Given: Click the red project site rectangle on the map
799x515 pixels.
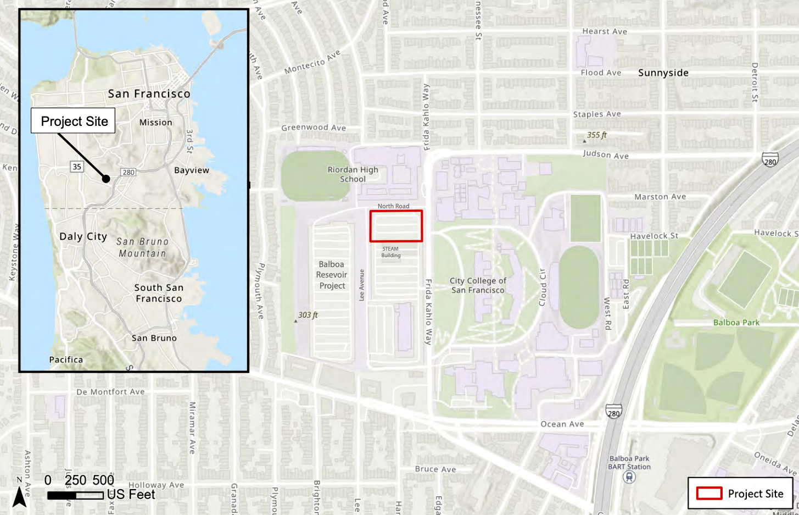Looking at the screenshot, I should point(396,226).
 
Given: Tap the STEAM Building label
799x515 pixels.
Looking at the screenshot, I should point(391,252).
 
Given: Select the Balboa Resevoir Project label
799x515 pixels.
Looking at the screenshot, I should point(332,275).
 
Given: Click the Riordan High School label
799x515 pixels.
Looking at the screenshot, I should point(353,174).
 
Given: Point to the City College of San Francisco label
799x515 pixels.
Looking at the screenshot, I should point(478,285).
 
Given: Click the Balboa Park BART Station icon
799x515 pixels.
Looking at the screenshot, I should point(629,477).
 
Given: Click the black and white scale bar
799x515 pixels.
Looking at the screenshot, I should point(75,495).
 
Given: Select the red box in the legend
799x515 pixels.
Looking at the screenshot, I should point(709,493).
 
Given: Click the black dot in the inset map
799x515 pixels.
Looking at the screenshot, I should point(106,179).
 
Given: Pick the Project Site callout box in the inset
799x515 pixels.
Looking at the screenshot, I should point(73,121).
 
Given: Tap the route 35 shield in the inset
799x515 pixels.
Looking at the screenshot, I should point(77,167).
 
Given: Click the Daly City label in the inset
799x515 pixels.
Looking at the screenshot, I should point(83,236).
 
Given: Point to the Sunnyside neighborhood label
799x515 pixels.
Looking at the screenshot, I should point(663,73).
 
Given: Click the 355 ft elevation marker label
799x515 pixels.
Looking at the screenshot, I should point(596,135).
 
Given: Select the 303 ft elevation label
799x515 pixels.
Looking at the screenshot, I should point(308,315).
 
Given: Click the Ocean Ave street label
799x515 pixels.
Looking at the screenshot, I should point(562,424).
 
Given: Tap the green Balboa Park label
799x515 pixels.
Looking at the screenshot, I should point(736,323).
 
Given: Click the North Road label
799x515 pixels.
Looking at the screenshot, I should point(393,206).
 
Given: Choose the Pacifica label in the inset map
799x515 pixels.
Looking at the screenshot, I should point(66,359).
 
